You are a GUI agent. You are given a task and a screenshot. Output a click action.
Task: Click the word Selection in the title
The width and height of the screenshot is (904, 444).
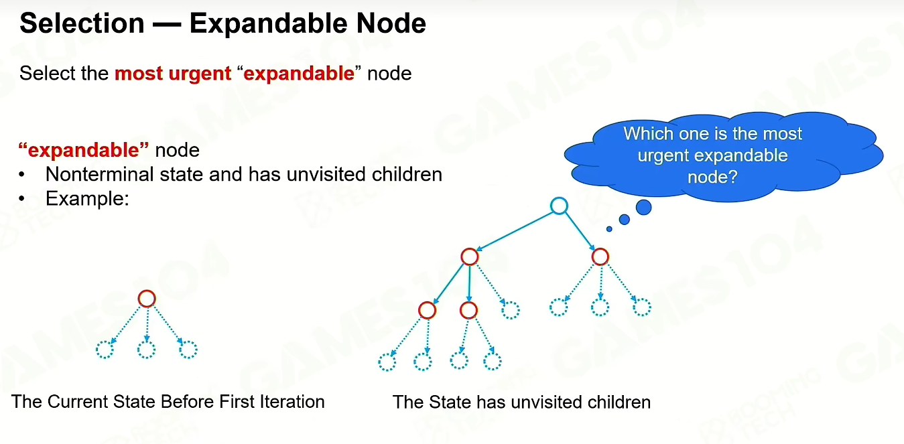tap(82, 23)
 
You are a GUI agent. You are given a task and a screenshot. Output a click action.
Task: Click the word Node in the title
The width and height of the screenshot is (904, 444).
tap(391, 23)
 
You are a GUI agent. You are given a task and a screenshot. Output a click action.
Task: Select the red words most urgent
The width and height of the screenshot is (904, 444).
tap(173, 74)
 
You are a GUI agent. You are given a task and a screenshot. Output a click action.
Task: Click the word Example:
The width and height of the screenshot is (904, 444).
tap(87, 198)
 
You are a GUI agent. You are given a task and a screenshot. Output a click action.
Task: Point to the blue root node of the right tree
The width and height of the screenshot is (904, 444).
tap(559, 198)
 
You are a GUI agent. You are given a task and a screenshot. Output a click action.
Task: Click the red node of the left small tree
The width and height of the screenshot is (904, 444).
tap(147, 291)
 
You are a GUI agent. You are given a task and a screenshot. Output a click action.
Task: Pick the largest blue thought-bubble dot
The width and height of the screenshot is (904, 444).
tap(644, 208)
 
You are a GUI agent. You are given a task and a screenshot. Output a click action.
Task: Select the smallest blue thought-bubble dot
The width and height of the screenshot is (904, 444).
tap(609, 229)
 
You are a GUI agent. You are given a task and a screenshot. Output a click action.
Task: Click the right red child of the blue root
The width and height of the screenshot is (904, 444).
tap(600, 248)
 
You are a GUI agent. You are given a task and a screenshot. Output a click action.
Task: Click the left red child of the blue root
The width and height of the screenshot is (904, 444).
tap(470, 248)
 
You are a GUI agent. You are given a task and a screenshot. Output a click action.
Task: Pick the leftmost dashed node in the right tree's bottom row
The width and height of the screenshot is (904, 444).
tap(387, 354)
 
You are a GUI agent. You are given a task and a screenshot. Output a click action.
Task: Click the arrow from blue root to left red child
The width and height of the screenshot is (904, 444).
tap(515, 232)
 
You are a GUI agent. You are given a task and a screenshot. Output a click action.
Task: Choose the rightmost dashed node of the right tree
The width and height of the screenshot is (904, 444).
tap(642, 299)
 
